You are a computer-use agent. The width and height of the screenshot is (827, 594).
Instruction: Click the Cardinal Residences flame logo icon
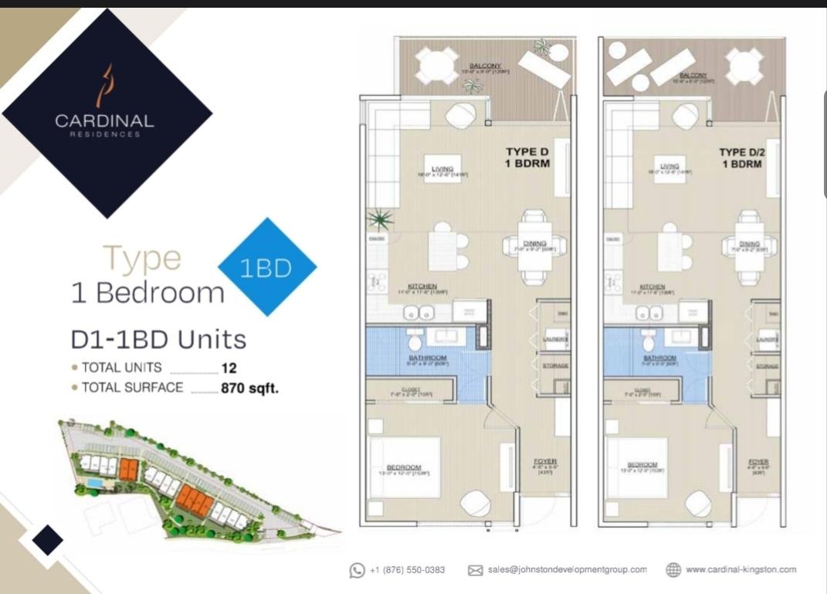tap(104, 85)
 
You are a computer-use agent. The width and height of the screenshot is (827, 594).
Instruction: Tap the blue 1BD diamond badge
tap(266, 267)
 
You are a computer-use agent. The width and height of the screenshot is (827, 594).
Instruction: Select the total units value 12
tap(229, 368)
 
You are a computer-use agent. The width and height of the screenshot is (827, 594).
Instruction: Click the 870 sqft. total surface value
tap(249, 389)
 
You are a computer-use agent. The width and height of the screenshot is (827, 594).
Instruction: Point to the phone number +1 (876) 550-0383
tap(407, 570)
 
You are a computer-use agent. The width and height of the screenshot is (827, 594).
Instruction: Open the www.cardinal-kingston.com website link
tap(740, 570)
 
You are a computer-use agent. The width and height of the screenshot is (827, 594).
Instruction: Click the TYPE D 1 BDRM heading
tap(527, 158)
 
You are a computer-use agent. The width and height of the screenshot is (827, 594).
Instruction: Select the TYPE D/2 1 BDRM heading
tap(742, 158)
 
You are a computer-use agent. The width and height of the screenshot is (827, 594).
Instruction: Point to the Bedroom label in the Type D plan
tap(404, 467)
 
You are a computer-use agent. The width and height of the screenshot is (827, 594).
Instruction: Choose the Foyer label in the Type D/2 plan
tap(759, 462)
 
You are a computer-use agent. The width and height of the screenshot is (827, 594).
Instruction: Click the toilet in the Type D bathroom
tap(414, 340)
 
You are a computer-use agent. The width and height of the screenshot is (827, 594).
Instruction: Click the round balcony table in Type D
tap(437, 66)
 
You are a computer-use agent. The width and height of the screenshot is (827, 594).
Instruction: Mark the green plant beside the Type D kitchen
tap(379, 220)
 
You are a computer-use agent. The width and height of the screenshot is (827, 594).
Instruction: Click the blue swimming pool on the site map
tap(94, 482)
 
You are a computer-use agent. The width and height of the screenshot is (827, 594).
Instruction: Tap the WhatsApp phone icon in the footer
tap(357, 570)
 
